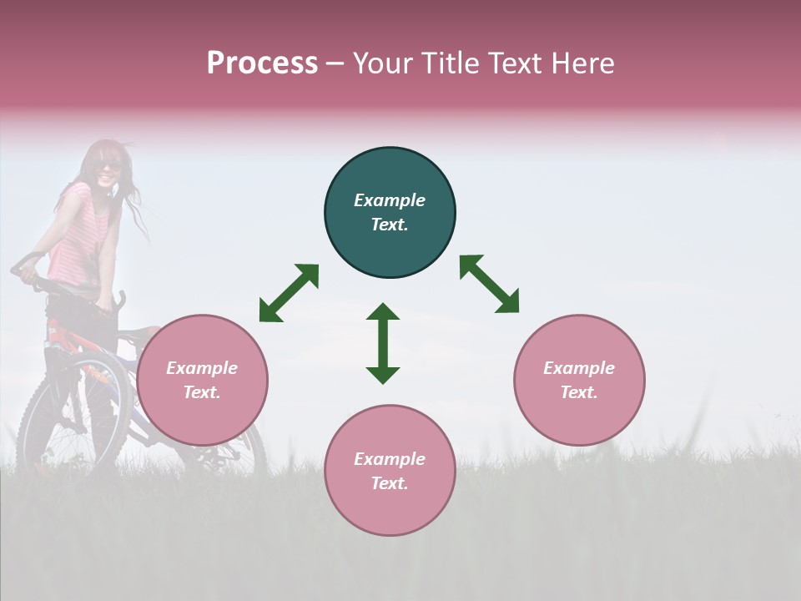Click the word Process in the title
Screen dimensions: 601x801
(x=262, y=63)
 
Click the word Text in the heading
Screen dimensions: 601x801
(x=515, y=63)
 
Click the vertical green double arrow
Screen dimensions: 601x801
(x=383, y=343)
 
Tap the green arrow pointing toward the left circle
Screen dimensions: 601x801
(x=289, y=293)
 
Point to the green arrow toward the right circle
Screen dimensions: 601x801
(x=490, y=284)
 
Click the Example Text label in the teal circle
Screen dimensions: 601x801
(x=390, y=212)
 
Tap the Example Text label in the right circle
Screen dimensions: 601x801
(x=579, y=380)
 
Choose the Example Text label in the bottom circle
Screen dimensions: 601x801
(x=390, y=471)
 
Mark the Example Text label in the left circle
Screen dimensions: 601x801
(x=202, y=380)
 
